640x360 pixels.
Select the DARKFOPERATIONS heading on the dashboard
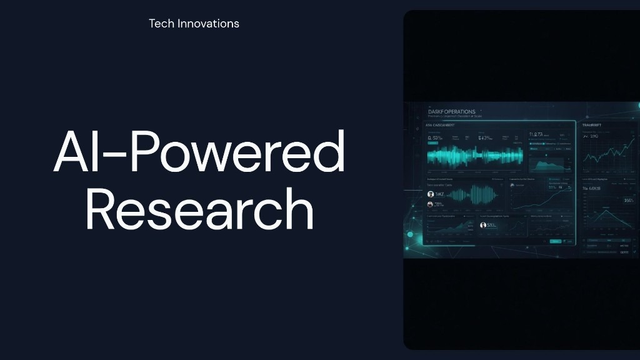pos(452,112)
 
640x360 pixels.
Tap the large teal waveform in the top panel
pos(474,156)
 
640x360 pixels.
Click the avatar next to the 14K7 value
pos(431,194)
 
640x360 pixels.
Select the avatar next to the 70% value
pos(431,204)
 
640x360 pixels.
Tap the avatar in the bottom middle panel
pos(483,225)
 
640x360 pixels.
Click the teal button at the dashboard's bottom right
pos(555,241)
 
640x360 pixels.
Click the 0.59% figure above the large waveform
pos(435,138)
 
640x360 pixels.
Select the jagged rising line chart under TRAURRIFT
pos(606,153)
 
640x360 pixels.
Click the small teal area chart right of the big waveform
pos(546,164)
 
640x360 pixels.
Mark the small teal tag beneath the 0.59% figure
pos(433,144)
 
